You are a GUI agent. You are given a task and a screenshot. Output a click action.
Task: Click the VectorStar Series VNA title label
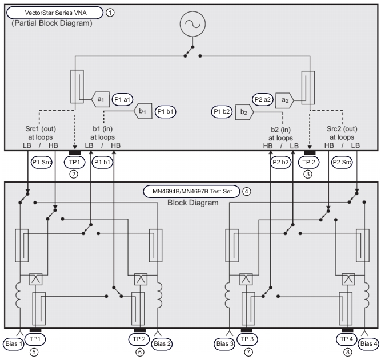coord(54,11)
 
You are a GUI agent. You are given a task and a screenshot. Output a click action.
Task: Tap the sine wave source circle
coord(191,26)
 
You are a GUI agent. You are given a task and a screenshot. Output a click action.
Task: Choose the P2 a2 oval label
coord(260,98)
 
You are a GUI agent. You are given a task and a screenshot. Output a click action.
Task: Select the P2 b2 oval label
coord(280,163)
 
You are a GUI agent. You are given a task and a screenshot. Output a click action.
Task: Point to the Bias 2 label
coord(163,343)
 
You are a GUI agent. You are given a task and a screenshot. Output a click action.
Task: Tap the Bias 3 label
coord(224,343)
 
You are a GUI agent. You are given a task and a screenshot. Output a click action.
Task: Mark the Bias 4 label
coord(368,343)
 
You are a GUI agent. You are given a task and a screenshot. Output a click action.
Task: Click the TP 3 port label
coord(248,338)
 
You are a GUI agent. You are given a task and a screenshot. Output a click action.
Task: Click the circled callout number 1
coord(110,11)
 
